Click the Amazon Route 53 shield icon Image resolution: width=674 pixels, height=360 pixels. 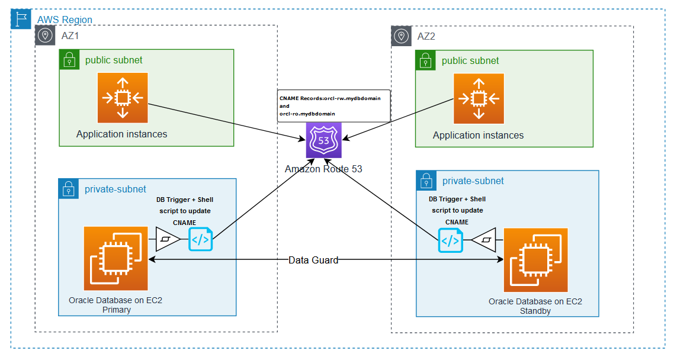(x=324, y=141)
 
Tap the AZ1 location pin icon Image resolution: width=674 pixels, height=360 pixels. (x=45, y=36)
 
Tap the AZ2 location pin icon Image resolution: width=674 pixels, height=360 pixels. (x=402, y=36)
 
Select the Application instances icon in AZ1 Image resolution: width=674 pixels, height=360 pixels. (x=123, y=98)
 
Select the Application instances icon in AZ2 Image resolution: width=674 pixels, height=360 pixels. (x=479, y=98)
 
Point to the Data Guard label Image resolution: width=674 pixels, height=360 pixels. (x=313, y=260)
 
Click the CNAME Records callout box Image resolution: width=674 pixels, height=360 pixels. (x=333, y=106)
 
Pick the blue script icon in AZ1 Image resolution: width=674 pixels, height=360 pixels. (x=200, y=240)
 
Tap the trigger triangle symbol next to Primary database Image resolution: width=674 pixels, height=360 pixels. (x=168, y=240)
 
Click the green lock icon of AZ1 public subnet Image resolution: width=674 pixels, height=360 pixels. (x=69, y=59)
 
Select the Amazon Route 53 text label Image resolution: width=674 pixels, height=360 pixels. (x=323, y=169)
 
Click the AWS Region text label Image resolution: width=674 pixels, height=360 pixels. (x=65, y=20)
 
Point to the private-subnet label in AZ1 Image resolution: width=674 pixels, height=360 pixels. (x=115, y=189)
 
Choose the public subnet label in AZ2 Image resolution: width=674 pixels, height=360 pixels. (x=470, y=60)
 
